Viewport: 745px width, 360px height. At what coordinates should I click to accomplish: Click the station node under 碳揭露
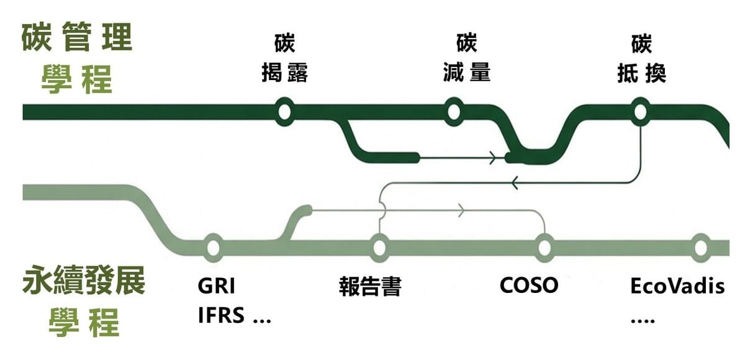click(x=284, y=112)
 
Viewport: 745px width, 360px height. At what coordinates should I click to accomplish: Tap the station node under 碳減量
click(x=453, y=112)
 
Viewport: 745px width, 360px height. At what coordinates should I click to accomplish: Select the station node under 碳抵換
click(x=640, y=112)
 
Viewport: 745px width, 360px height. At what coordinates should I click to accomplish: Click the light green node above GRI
click(x=212, y=248)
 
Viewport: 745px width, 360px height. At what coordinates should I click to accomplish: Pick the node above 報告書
click(x=379, y=248)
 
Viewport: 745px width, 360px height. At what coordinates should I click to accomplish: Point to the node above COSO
click(x=544, y=248)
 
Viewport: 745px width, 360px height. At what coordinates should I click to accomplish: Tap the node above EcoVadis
click(x=700, y=248)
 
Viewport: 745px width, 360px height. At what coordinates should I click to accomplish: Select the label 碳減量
click(x=466, y=60)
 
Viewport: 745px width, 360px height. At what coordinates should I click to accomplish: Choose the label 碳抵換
click(x=641, y=60)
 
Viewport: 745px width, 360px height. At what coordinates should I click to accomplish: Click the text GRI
click(x=217, y=286)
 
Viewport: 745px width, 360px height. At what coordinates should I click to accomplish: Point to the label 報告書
click(x=371, y=287)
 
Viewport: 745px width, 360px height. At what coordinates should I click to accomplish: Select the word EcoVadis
click(x=677, y=287)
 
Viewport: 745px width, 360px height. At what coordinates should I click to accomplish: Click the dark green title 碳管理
click(x=77, y=38)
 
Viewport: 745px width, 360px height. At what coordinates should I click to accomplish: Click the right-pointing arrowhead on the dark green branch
click(x=492, y=158)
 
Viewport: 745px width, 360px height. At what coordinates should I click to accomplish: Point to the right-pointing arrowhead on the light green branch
click(x=461, y=211)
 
